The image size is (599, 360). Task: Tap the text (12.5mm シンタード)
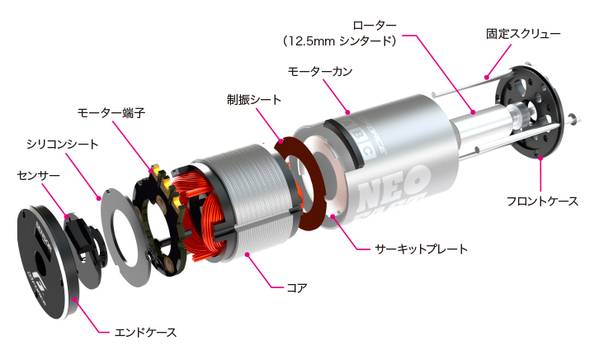[x=351, y=40]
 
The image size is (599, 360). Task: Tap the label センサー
[x=38, y=175]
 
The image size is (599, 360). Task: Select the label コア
[x=296, y=288]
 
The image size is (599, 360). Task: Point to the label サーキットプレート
[x=421, y=248]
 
